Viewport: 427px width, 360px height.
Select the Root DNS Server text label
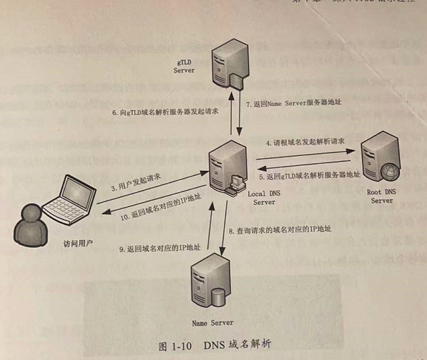(x=381, y=196)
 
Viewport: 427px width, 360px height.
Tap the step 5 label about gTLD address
(x=310, y=175)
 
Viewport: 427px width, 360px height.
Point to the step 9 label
(x=159, y=249)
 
